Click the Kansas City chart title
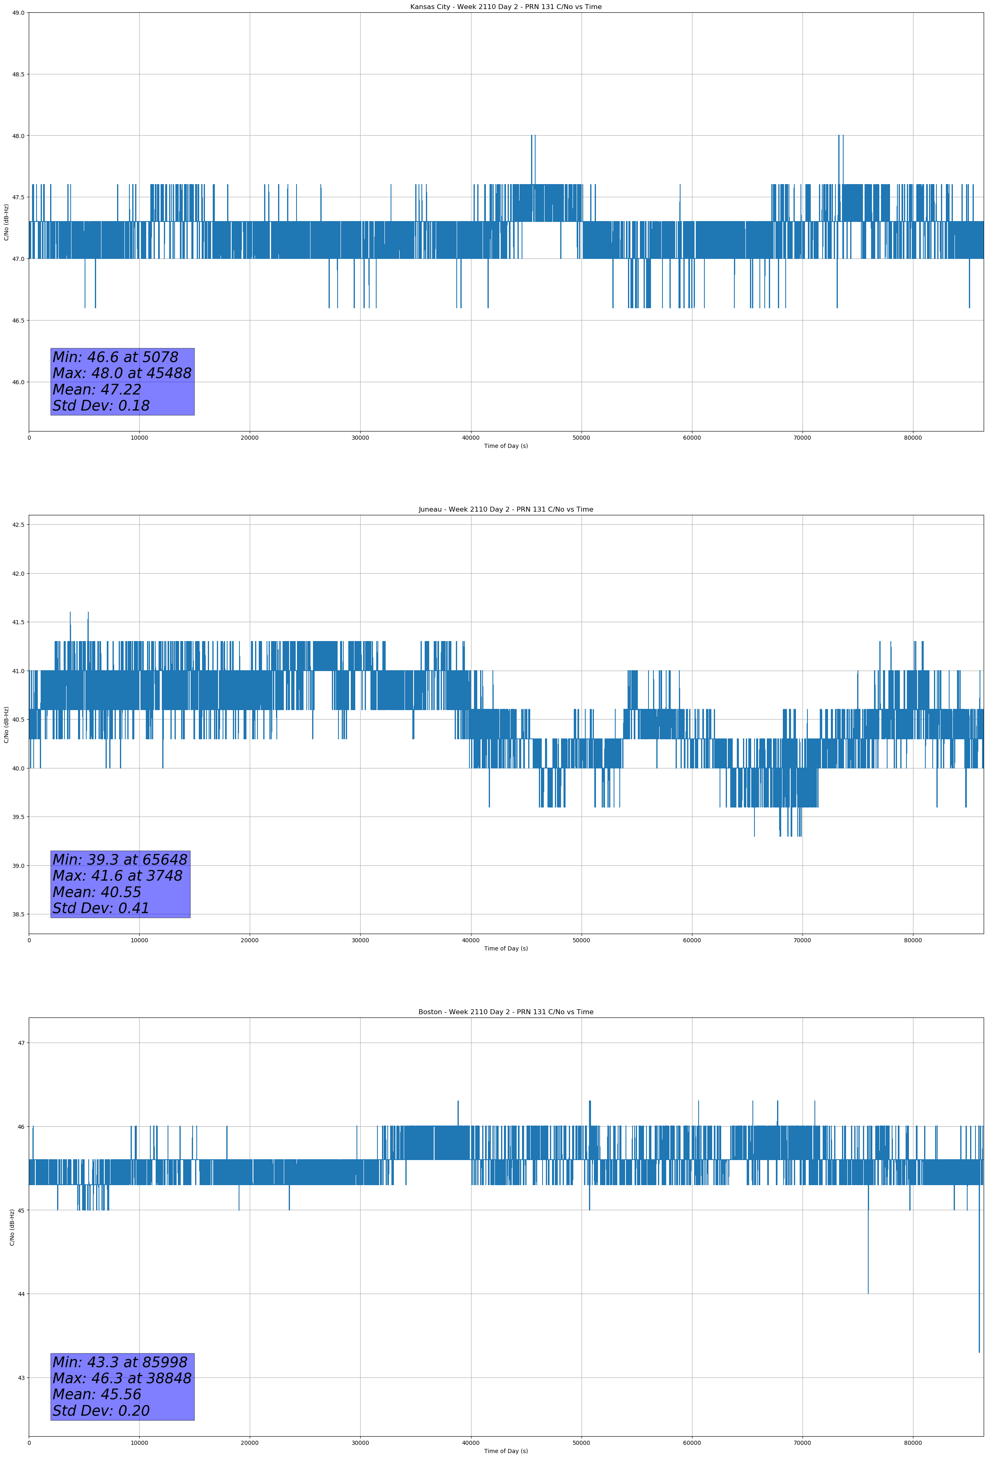[506, 7]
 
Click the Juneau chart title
[506, 510]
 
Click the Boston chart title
[506, 1012]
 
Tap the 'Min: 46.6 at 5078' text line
[115, 357]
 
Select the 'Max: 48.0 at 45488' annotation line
[122, 373]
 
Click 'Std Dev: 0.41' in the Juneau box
[101, 909]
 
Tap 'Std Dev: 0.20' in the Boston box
[101, 1411]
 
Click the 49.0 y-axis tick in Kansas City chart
[18, 13]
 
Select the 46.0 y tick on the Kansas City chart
[18, 382]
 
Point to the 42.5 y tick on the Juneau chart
[18, 524]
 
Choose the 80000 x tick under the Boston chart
[913, 1443]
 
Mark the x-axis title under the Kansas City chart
[506, 446]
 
